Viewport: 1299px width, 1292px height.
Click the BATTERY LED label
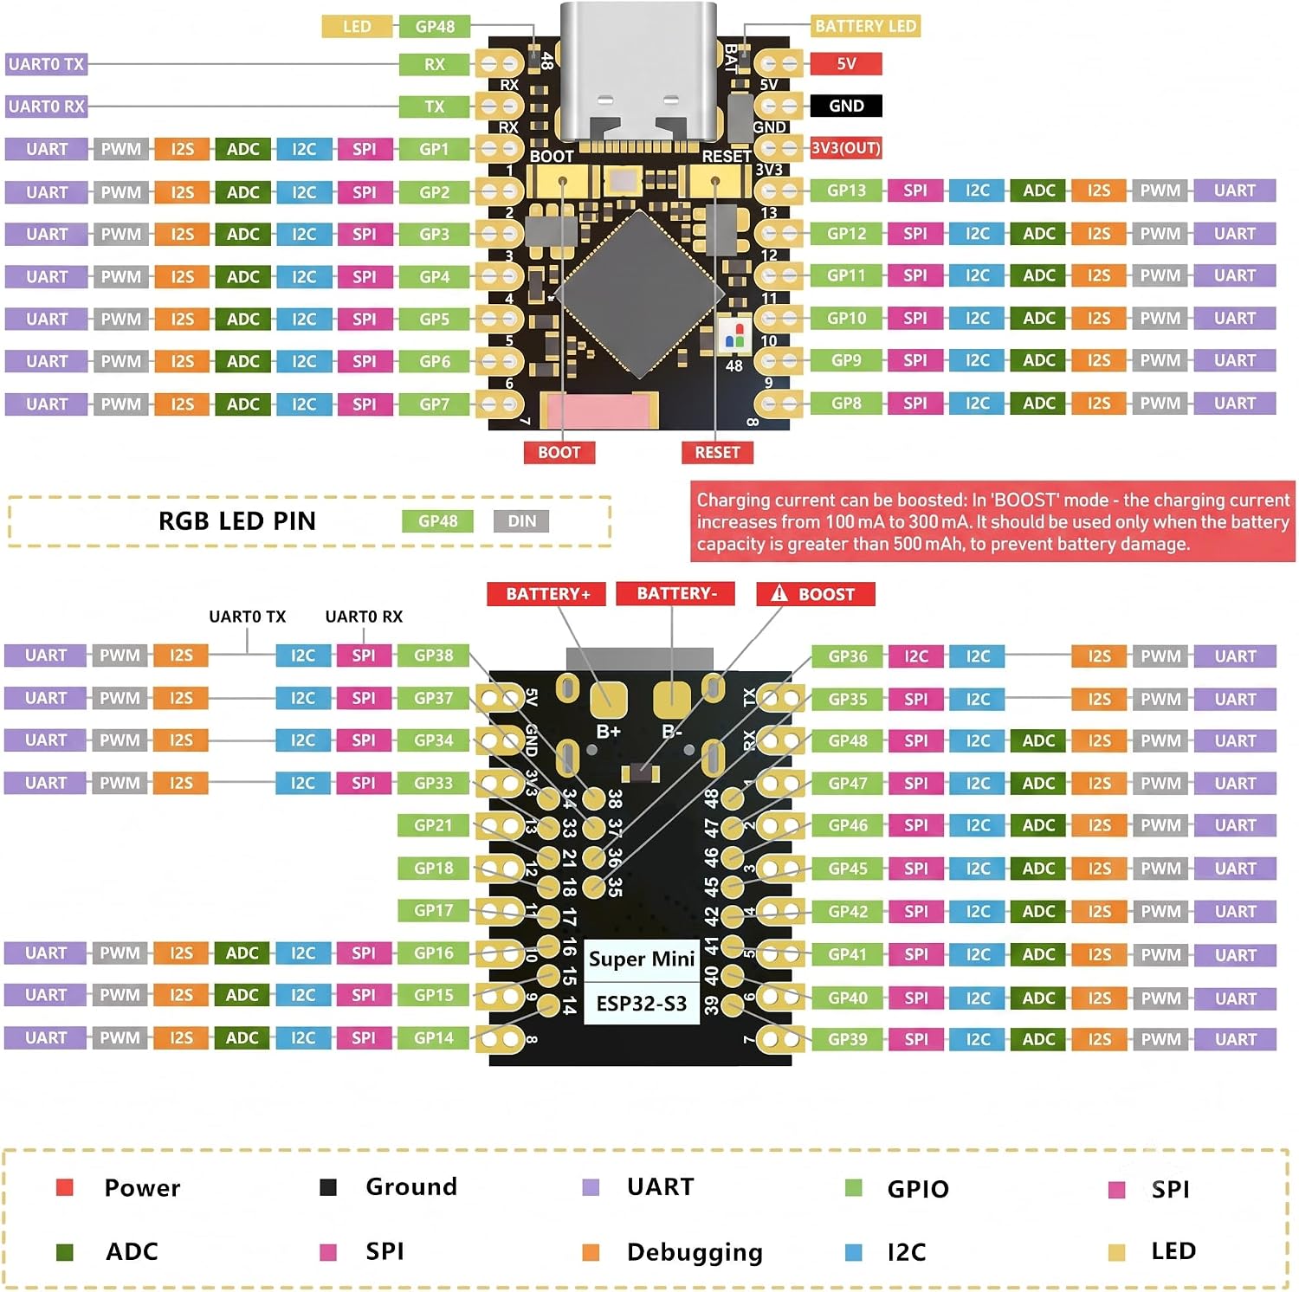tap(865, 26)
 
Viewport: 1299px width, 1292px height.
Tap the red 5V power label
tap(846, 63)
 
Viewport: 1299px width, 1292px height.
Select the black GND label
tap(846, 106)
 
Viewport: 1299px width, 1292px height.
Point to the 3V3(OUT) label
tap(846, 148)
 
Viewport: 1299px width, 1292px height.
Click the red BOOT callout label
tap(559, 452)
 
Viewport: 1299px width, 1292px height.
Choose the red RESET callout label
tap(717, 452)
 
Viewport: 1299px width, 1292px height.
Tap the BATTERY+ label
tap(547, 594)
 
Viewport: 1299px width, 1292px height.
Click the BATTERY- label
tap(676, 593)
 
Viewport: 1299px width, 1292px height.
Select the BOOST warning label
tap(816, 594)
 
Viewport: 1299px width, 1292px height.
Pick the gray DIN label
tap(522, 521)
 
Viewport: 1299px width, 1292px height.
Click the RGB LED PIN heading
tap(237, 520)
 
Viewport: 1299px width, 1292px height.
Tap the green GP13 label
tap(846, 191)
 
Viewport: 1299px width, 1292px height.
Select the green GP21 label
tap(433, 825)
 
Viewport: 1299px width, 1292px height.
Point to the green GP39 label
tap(848, 1039)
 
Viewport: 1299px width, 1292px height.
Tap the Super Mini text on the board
tap(642, 959)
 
